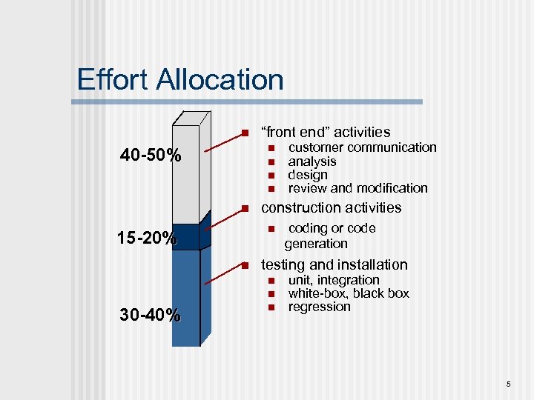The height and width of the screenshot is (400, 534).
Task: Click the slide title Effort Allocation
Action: pos(180,80)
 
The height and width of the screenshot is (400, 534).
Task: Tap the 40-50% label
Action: pos(151,156)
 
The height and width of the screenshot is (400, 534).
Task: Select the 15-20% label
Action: pos(147,239)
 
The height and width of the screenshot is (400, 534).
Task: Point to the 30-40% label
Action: pos(150,315)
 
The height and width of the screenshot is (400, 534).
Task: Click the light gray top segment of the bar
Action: pos(186,174)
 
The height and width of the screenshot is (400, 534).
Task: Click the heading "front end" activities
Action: pos(325,133)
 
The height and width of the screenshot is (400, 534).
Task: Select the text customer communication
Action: pos(362,147)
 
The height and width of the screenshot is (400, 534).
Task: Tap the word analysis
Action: pos(311,161)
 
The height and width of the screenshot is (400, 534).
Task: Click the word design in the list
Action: pos(307,175)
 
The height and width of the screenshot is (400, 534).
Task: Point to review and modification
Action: pos(357,188)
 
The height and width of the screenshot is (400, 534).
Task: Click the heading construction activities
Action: pos(331,208)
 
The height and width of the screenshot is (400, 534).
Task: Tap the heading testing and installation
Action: pos(334,265)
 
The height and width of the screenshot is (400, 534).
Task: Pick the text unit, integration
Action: pos(333,280)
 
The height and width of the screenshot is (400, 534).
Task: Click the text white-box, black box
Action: pos(348,293)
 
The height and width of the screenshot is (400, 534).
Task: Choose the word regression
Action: pos(319,307)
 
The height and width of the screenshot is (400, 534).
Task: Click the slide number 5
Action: pos(509,384)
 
